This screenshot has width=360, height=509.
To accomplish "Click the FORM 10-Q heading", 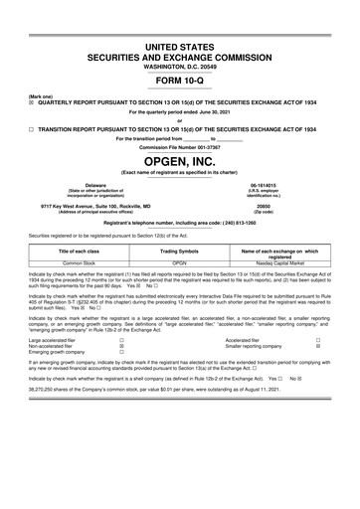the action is coord(180,83).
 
